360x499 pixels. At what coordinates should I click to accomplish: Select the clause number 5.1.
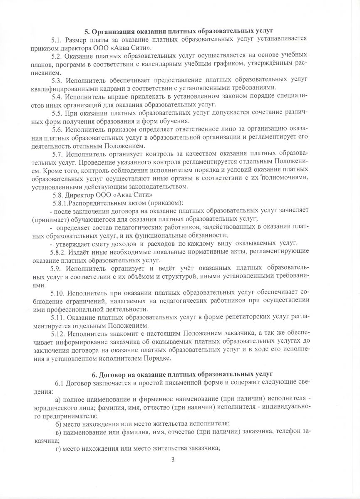tap(57, 39)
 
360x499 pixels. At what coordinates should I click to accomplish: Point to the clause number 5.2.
tap(57, 55)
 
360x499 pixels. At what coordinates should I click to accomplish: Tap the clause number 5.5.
tap(57, 113)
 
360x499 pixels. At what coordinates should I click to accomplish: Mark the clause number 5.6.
tap(57, 129)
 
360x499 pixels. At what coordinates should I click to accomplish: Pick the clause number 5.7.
tap(57, 154)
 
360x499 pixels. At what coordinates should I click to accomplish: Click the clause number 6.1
tap(60, 383)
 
